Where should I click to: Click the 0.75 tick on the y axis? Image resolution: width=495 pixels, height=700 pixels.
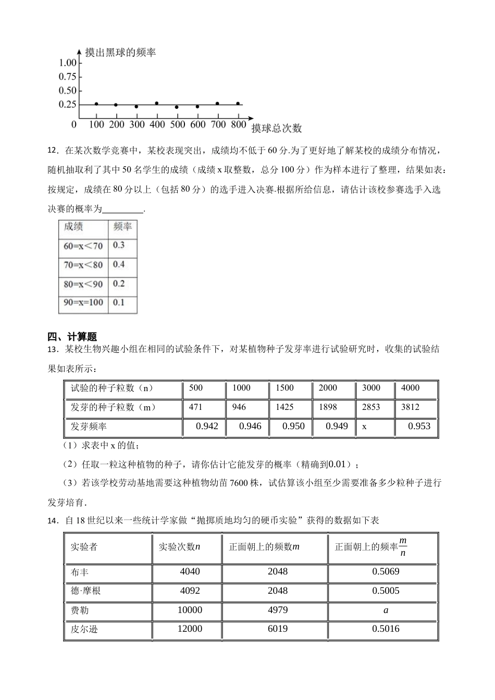[68, 77]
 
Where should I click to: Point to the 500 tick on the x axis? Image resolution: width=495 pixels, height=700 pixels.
[177, 124]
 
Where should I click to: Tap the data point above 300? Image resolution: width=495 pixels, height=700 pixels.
[137, 107]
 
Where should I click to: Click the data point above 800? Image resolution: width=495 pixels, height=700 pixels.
[238, 104]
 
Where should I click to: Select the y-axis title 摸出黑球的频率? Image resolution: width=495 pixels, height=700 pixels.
[120, 53]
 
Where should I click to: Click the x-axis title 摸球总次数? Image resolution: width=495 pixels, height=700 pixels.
[277, 128]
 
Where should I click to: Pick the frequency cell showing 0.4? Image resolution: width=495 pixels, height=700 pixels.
[119, 265]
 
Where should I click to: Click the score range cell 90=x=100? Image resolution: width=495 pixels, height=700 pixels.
[83, 303]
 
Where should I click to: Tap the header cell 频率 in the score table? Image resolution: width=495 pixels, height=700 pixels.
[122, 227]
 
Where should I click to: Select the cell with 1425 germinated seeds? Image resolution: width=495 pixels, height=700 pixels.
[285, 407]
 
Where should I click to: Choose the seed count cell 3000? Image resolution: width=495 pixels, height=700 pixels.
[371, 388]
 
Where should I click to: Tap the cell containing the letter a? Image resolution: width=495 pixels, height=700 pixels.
[386, 610]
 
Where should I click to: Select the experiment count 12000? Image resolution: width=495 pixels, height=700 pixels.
[190, 629]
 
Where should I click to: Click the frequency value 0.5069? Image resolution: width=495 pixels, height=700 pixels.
[386, 572]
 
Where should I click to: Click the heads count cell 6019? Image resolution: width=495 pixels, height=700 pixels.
[278, 629]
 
